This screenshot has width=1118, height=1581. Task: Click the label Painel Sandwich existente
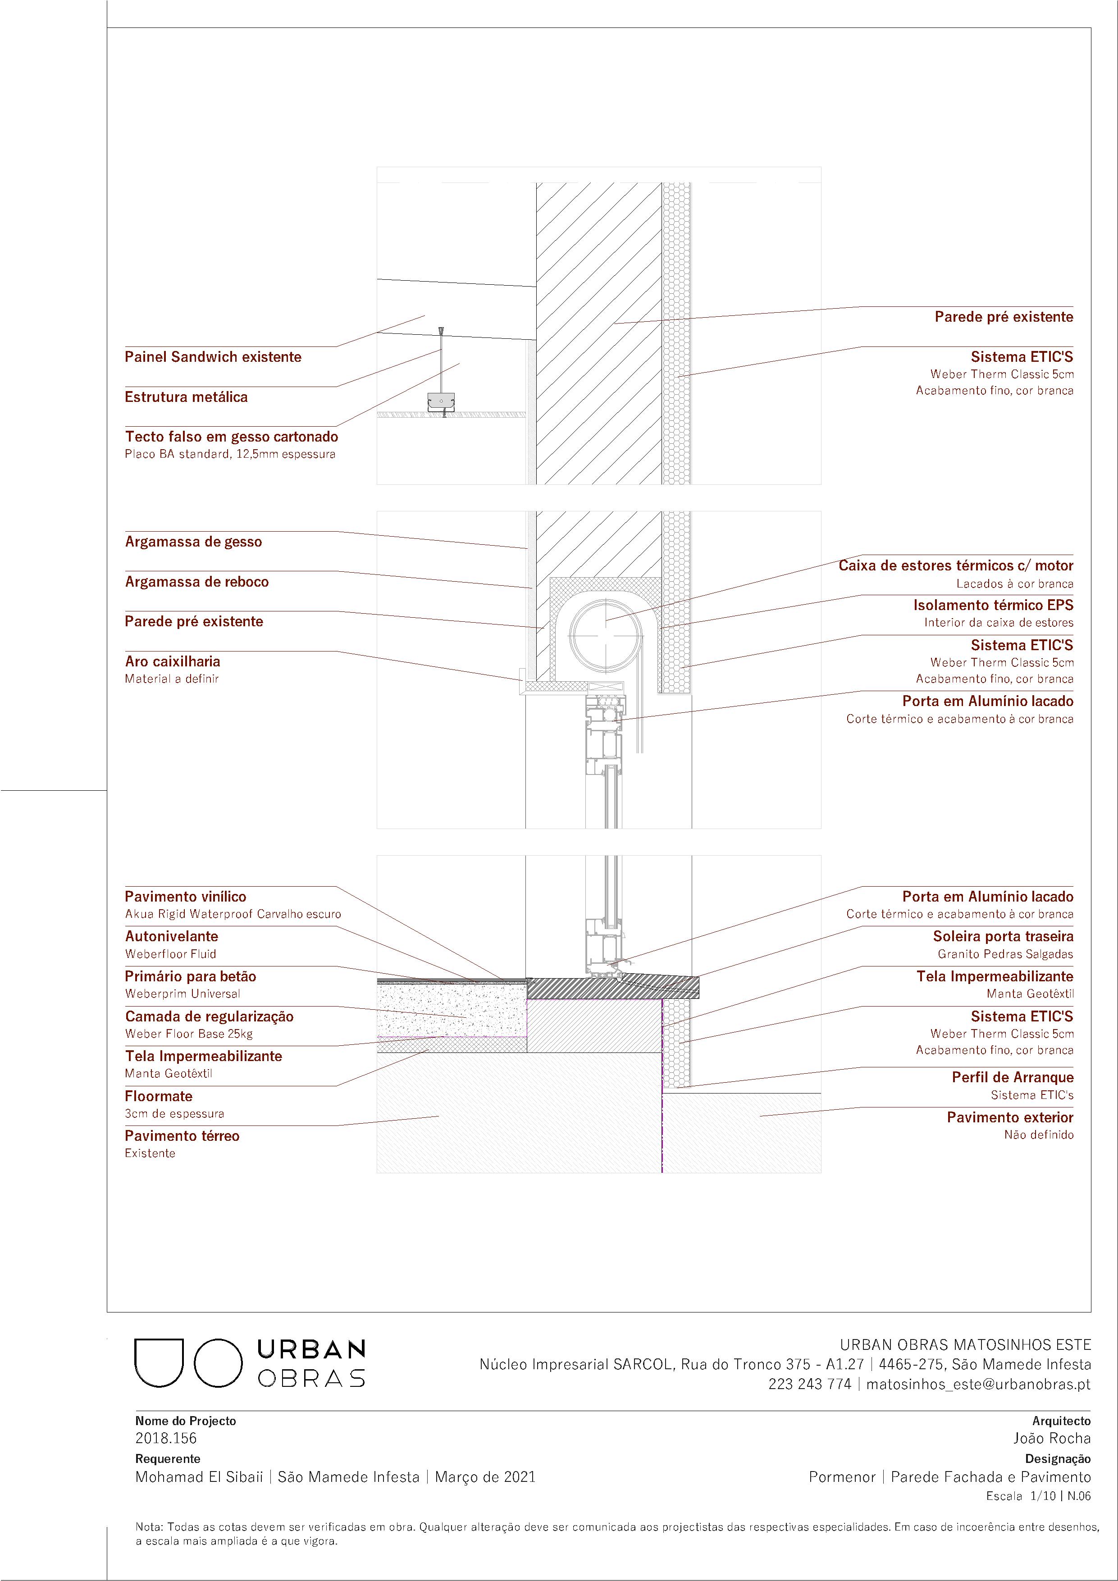[x=213, y=357]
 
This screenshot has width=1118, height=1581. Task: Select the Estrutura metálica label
[x=186, y=396]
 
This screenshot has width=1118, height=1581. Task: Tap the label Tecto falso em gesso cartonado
[x=232, y=437]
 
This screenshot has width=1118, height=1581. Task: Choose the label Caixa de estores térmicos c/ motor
[x=955, y=566]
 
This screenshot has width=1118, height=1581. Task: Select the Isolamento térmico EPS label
[x=993, y=605]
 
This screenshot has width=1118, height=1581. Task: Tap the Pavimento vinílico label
[x=185, y=897]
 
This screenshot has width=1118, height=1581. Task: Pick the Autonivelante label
[x=172, y=937]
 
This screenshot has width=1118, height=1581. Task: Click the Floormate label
[x=159, y=1096]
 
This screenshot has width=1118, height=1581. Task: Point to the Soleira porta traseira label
[x=1003, y=937]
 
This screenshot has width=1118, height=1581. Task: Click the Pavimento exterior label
[x=1010, y=1117]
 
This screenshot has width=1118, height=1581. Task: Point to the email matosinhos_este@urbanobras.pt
[x=978, y=1384]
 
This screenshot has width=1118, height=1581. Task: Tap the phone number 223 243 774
[x=809, y=1384]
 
